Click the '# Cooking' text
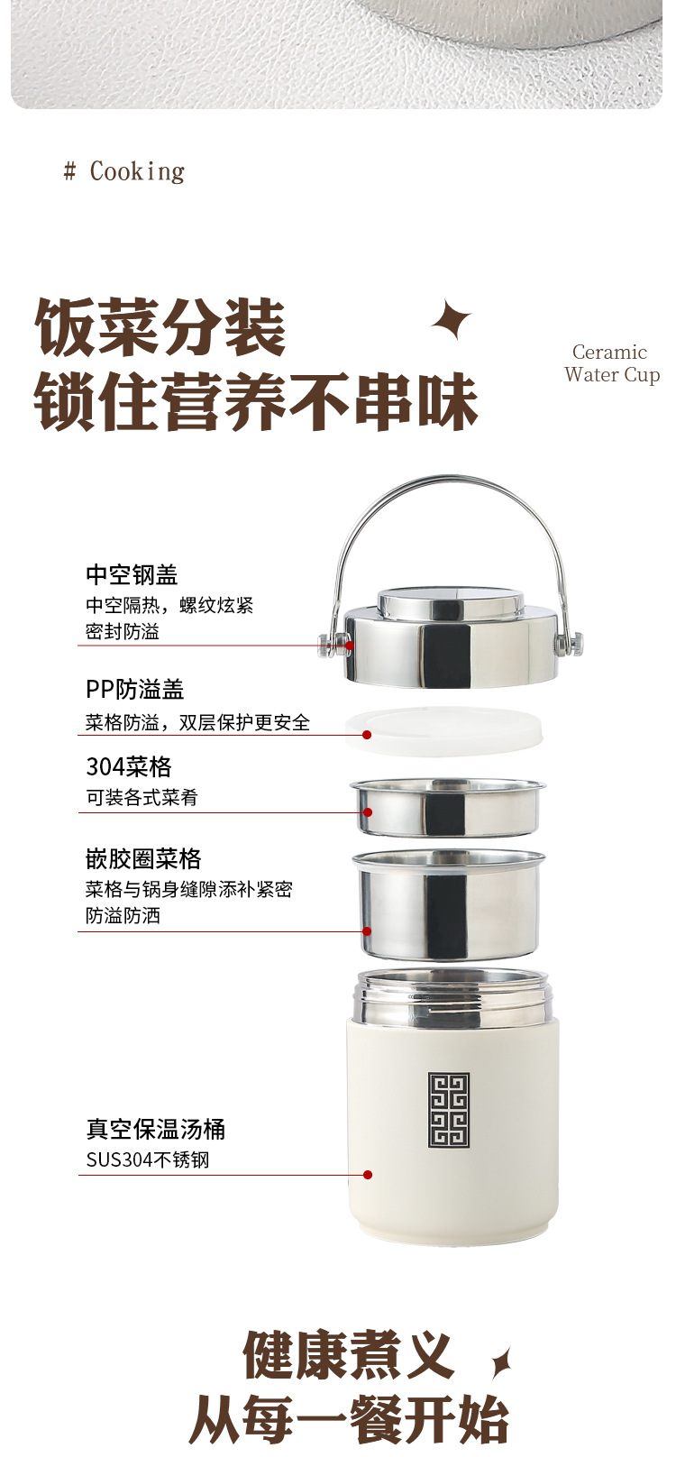[x=124, y=171]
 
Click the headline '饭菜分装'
[x=160, y=329]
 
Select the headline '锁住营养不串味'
[x=255, y=402]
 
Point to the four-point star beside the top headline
[x=452, y=320]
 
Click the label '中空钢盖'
[x=132, y=574]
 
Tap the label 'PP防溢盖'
[x=134, y=690]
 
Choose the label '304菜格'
[x=128, y=766]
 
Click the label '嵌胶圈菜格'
[x=143, y=858]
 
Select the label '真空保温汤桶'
[x=155, y=1129]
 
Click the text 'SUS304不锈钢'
[x=148, y=1159]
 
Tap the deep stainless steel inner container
[x=449, y=903]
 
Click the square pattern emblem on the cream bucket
[x=449, y=1110]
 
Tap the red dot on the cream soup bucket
[x=368, y=1175]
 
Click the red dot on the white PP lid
[x=367, y=735]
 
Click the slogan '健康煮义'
[x=347, y=1355]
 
